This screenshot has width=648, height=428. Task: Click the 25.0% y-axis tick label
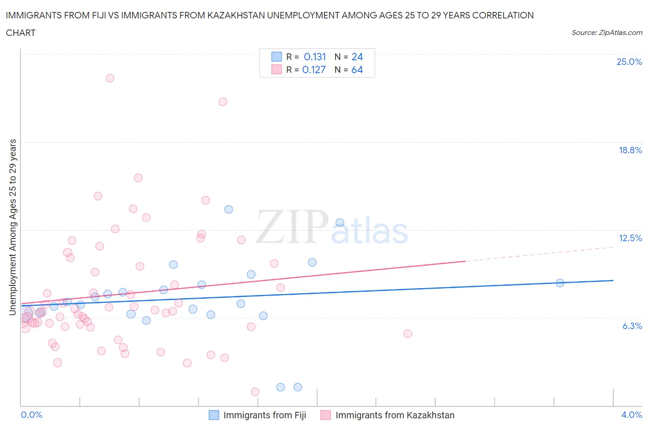629,62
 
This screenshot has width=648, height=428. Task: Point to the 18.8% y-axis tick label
630,150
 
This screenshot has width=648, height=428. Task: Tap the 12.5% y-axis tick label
630,238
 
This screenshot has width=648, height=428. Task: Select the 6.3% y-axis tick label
632,326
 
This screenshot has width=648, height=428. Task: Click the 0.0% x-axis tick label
31,415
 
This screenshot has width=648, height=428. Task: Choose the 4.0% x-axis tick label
631,415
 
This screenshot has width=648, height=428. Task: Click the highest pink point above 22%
110,78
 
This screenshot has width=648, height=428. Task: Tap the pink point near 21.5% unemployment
223,102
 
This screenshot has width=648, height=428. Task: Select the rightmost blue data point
560,283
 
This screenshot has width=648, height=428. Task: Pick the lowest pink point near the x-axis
255,392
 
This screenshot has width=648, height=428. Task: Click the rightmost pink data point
408,334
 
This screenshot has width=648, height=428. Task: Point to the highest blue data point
229,209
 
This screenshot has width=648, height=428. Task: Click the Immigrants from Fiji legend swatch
214,415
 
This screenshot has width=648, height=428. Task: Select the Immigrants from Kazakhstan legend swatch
326,415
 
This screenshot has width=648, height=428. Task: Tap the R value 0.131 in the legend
315,57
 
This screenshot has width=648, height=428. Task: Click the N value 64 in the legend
357,69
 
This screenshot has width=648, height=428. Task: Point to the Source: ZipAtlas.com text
607,32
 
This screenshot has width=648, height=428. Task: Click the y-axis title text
12,227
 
